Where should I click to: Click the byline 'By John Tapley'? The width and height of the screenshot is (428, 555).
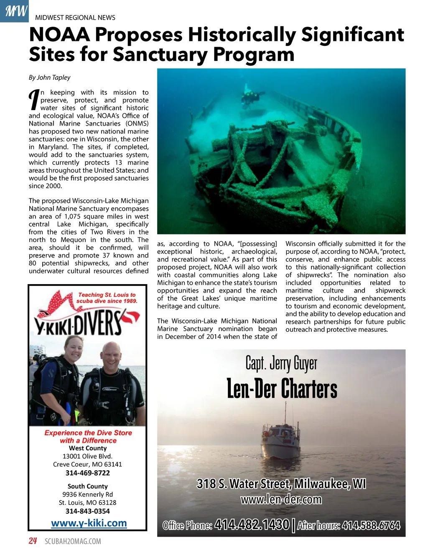pos(49,77)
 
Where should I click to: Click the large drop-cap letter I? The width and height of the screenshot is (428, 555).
pos(34,100)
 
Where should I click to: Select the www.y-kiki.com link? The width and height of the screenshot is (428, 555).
pos(89,523)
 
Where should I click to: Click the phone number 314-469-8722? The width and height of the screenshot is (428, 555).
pos(88,473)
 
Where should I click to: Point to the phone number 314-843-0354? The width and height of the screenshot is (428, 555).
pos(88,511)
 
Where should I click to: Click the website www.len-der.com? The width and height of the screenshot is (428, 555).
pos(281,499)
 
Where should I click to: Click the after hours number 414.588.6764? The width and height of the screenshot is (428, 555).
pos(371,525)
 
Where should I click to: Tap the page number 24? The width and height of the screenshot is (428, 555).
pos(33,541)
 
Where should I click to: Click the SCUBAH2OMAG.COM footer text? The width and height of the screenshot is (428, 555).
pos(73,542)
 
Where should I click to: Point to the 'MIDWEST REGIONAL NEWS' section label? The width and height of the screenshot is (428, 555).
pos(75,18)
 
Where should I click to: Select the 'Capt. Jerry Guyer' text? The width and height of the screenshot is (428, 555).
pos(281,363)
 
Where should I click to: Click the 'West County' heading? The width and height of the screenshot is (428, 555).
pos(88,448)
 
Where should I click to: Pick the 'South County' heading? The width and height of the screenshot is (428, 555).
pos(88,486)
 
